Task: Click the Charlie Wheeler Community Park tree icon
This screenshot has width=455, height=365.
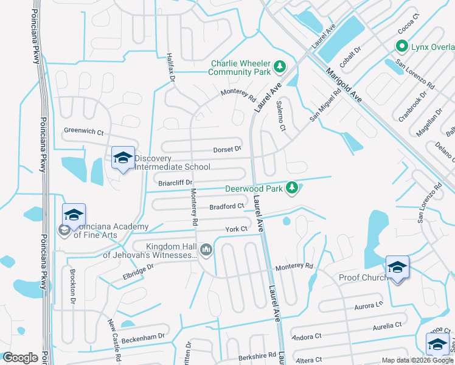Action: tap(279, 66)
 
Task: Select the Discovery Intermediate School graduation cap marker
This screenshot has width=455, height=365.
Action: tap(123, 158)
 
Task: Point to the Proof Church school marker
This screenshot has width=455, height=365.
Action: tap(397, 268)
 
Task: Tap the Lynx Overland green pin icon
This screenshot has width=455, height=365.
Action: tap(401, 46)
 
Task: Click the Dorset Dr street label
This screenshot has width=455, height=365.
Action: tap(227, 149)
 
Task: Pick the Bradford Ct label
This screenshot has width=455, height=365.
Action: tap(226, 207)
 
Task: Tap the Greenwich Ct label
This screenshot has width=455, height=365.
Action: tap(84, 131)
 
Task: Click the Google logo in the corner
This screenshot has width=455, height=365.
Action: tap(20, 358)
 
